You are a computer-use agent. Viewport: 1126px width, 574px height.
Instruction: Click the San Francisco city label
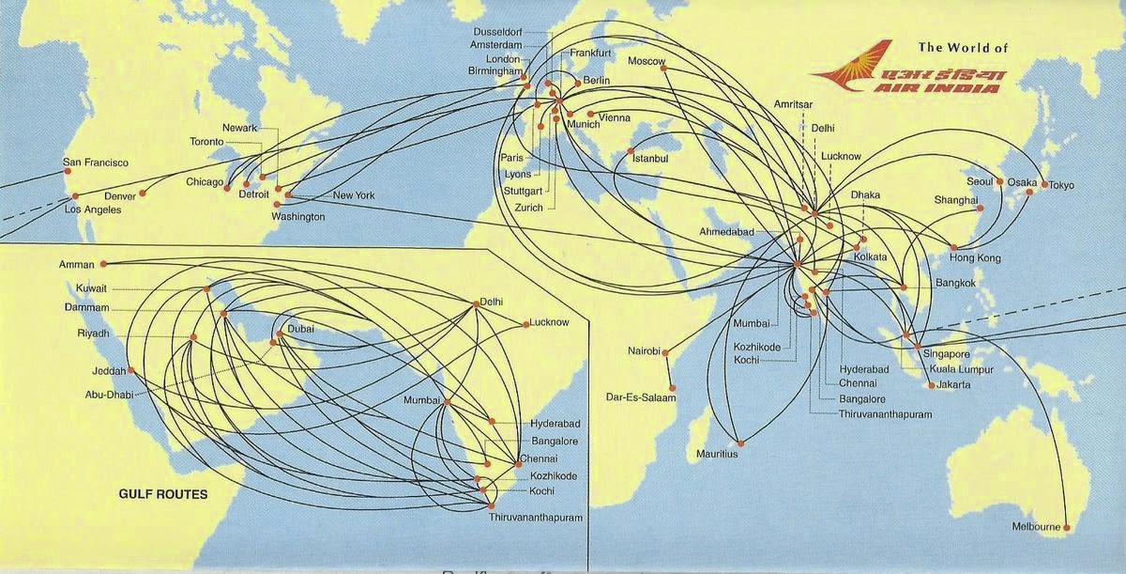95,163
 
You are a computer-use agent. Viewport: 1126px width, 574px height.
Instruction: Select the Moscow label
647,62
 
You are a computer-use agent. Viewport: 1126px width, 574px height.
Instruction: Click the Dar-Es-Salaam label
642,396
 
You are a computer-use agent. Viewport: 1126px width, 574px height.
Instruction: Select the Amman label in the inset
77,265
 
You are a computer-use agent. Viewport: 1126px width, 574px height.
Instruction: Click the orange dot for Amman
103,264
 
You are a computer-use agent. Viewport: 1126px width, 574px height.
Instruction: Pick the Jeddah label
108,371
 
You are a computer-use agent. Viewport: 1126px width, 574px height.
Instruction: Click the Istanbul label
650,159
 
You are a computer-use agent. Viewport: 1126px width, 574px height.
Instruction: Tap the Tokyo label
1061,185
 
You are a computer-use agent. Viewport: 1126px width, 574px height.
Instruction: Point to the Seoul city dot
1000,181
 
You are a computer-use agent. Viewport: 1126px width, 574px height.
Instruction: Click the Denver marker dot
144,194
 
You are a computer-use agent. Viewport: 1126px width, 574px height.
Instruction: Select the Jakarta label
953,384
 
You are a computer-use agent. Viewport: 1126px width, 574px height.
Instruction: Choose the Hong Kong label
975,258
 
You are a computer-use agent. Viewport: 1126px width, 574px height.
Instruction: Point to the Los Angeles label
92,209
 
